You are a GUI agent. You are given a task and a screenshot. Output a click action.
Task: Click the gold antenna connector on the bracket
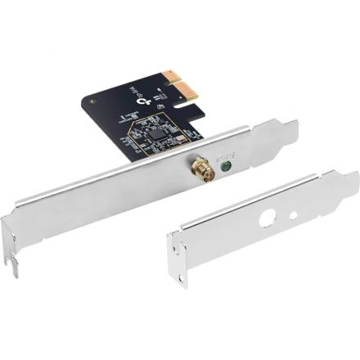pos(199,173)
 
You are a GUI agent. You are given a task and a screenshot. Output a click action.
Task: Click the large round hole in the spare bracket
pos(265,221)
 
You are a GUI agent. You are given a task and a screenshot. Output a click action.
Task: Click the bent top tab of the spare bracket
pos(348,181)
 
